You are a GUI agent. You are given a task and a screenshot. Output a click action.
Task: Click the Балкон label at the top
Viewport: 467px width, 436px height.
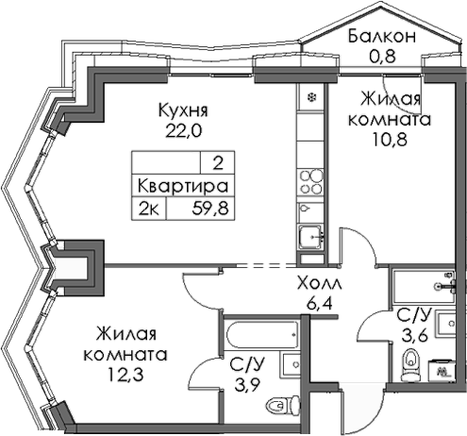[381, 37]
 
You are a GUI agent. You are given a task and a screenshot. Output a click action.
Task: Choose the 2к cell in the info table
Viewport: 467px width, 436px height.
[149, 206]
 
